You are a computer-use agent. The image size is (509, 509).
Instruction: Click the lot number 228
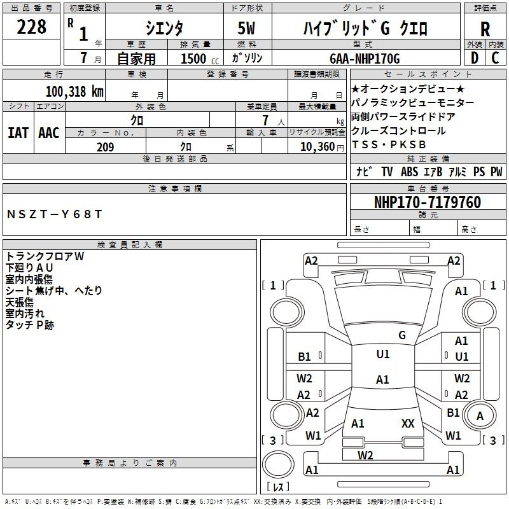(32, 27)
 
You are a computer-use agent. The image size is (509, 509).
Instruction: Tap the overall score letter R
(485, 29)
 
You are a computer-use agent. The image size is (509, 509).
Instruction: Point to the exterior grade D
(474, 58)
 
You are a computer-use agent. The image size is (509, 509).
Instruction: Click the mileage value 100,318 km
(74, 91)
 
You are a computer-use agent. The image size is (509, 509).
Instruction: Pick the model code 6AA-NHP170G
(365, 59)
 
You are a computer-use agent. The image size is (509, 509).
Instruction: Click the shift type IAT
(18, 132)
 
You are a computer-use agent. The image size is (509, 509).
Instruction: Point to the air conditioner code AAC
(48, 132)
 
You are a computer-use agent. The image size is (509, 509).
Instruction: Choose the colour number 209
(106, 147)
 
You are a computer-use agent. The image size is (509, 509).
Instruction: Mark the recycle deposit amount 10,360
(314, 147)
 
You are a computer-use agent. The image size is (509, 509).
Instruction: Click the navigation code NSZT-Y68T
(54, 214)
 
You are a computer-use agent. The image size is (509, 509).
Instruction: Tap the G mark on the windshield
(402, 335)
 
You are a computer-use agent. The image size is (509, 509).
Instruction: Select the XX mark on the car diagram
(408, 423)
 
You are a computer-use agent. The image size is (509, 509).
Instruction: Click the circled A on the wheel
(480, 416)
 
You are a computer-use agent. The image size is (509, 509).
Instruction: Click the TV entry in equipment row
(387, 172)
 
